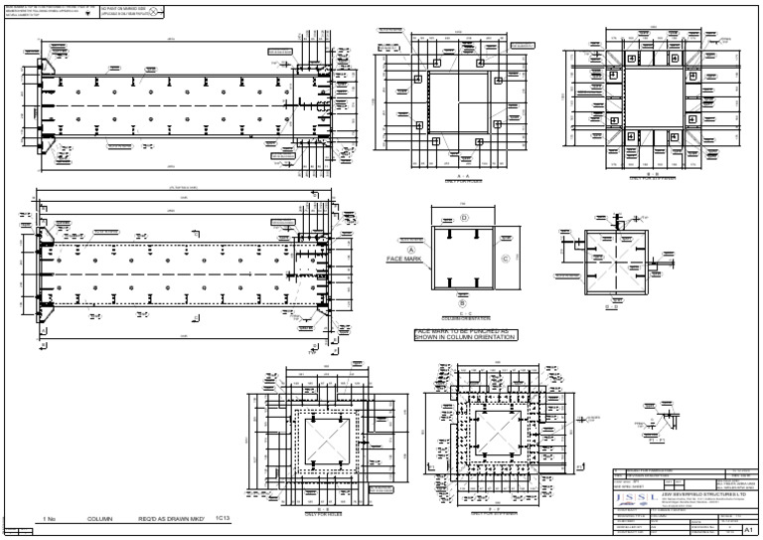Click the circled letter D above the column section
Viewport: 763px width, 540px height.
[x=463, y=217]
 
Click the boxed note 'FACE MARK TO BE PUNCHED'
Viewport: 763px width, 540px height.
[x=466, y=335]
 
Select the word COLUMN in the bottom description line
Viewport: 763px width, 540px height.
[x=100, y=519]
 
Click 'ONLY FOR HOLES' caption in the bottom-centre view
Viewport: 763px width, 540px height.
[x=311, y=514]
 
